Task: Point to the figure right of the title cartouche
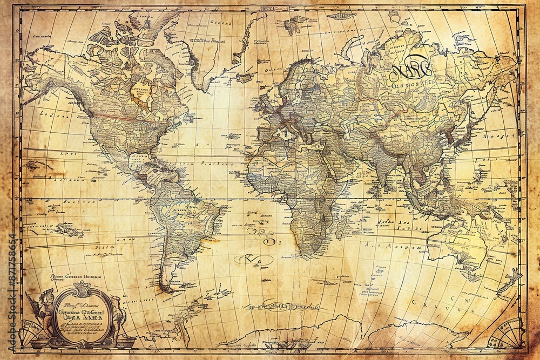tap(119, 313)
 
